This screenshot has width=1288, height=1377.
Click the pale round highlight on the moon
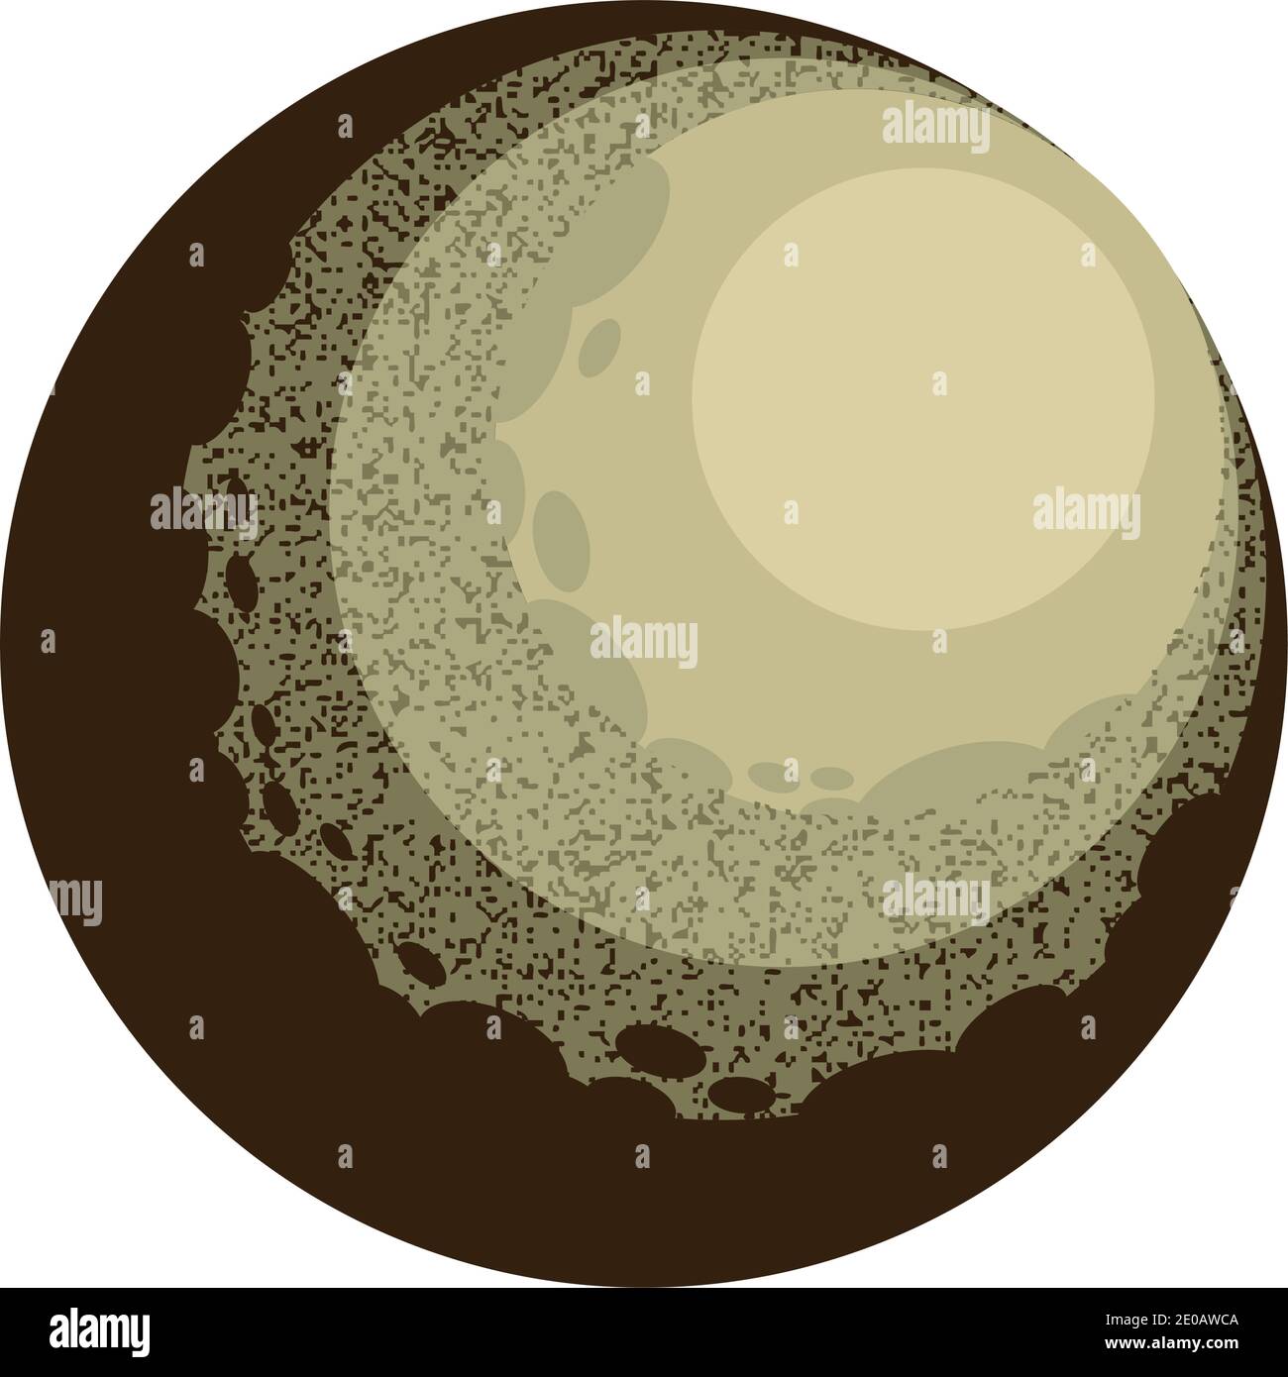(x=921, y=396)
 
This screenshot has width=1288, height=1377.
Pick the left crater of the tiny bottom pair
(x=768, y=773)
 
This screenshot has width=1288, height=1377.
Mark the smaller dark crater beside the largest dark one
(x=739, y=1093)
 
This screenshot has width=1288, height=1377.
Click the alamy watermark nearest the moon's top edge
(x=934, y=129)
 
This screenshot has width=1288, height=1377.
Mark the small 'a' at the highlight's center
(x=938, y=381)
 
